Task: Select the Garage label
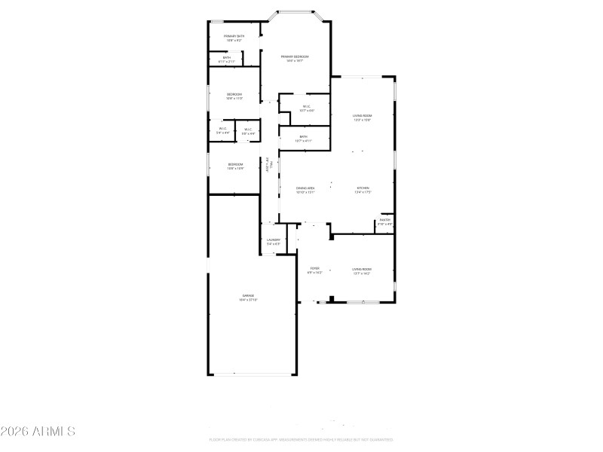click(x=248, y=298)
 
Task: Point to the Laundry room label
click(x=273, y=242)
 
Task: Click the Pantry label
click(x=384, y=221)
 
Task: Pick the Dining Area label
click(x=305, y=190)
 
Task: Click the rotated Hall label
click(x=268, y=166)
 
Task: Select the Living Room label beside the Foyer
click(x=362, y=270)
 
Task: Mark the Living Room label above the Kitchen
click(x=363, y=118)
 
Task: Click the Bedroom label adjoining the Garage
click(x=236, y=166)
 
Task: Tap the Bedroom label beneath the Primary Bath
click(x=234, y=96)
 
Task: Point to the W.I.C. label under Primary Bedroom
click(x=307, y=108)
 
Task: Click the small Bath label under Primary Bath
click(x=226, y=59)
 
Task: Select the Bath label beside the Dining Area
click(x=303, y=139)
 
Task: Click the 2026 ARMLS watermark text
click(x=38, y=432)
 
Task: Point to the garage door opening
click(x=252, y=374)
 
